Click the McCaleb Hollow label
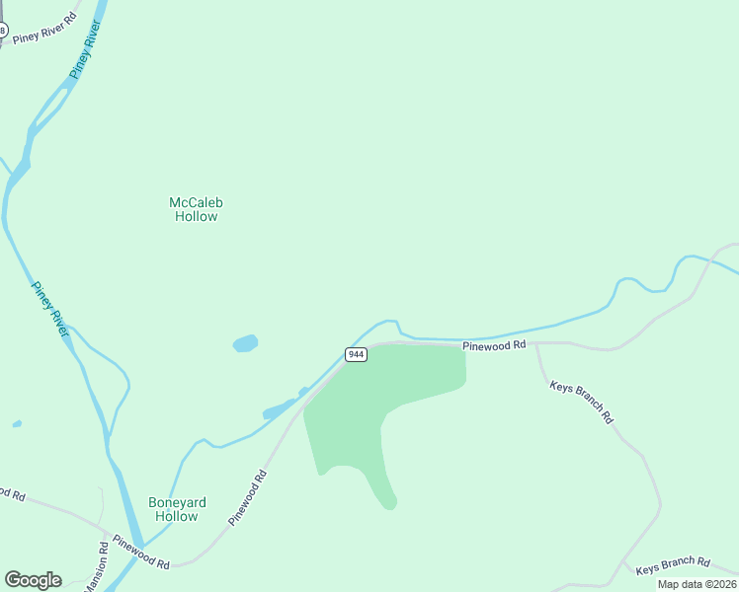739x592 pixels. click(x=196, y=209)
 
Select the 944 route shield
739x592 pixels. click(x=357, y=354)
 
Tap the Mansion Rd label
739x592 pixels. click(x=96, y=568)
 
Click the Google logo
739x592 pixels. click(x=33, y=580)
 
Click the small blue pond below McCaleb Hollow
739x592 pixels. click(x=245, y=343)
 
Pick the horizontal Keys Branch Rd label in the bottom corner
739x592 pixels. click(x=672, y=565)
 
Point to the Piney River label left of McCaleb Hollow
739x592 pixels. click(x=50, y=310)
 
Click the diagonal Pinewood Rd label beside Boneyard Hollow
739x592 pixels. click(x=247, y=497)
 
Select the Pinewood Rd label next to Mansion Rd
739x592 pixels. click(x=141, y=552)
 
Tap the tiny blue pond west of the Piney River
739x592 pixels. click(x=17, y=424)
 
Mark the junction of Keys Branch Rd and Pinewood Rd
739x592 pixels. click(x=536, y=344)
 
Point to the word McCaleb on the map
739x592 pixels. click(x=196, y=202)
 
